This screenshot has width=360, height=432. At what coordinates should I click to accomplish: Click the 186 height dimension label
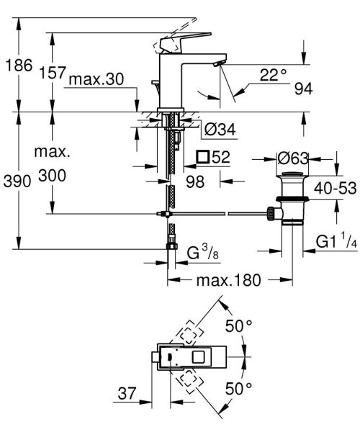[x=17, y=66]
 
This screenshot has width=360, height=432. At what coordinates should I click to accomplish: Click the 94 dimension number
[x=304, y=89]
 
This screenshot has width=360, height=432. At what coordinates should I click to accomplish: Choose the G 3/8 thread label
[x=203, y=253]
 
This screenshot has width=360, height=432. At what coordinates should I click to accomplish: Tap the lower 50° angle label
[x=238, y=389]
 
